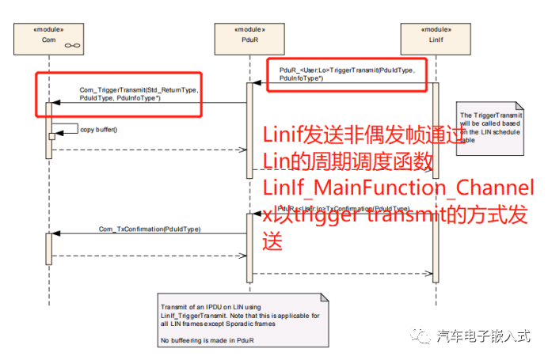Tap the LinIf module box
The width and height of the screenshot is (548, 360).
tap(435, 39)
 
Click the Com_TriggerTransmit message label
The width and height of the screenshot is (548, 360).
tap(139, 94)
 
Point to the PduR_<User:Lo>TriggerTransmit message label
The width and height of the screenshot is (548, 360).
tap(347, 74)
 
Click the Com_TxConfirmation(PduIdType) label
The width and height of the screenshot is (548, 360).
tap(149, 229)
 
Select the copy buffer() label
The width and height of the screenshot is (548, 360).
tap(98, 129)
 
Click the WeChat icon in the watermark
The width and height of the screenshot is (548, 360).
tap(422, 336)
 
